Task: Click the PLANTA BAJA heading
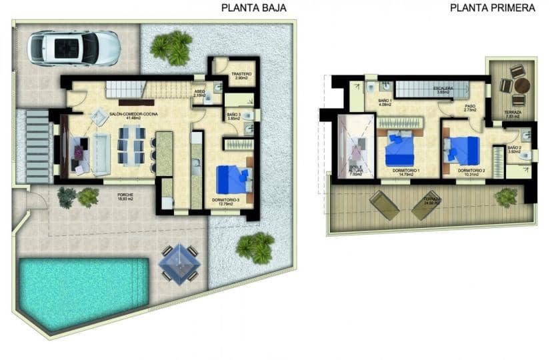254,8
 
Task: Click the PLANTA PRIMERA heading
493,8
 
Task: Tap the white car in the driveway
73,48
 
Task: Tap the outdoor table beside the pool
179,263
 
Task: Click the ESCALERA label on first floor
443,89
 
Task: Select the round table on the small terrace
521,85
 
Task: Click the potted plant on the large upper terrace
506,197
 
